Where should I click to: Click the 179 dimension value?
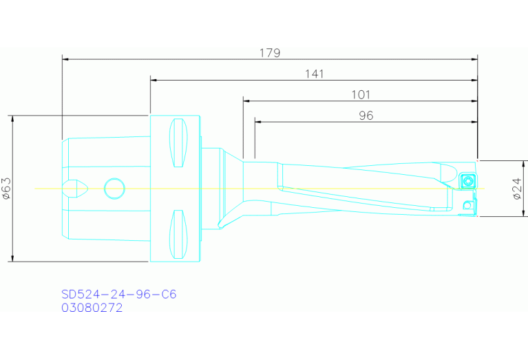point(270,52)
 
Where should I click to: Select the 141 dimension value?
point(314,74)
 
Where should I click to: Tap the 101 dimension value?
point(361,94)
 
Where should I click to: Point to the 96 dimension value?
point(366,116)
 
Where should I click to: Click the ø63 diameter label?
point(6,188)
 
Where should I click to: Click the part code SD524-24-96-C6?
point(118,294)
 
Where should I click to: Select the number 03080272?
point(92,308)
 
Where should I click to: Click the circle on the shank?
point(114,188)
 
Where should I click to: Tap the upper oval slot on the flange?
point(178,142)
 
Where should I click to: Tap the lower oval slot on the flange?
point(178,233)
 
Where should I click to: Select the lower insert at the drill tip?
point(468,204)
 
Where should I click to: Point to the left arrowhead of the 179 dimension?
point(65,59)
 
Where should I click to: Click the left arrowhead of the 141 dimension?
point(154,80)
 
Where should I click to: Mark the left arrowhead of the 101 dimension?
point(246,101)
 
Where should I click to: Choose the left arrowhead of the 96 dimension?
point(259,122)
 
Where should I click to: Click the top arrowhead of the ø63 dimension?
point(12,118)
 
